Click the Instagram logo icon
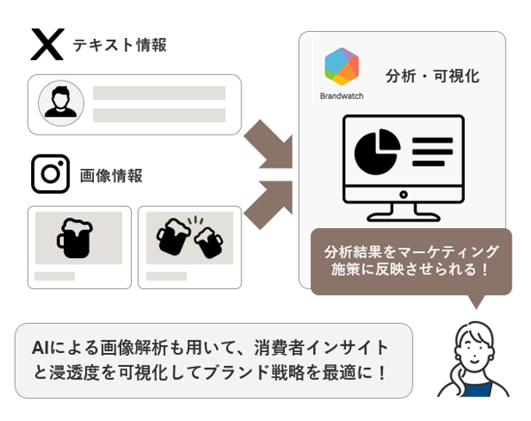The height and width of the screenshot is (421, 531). (50, 174)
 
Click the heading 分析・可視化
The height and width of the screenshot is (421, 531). (433, 76)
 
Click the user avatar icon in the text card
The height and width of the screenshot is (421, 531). (61, 104)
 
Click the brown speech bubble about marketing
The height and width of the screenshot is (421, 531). (411, 260)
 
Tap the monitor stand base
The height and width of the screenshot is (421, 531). (404, 215)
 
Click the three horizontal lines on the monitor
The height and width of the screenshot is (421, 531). (433, 151)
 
